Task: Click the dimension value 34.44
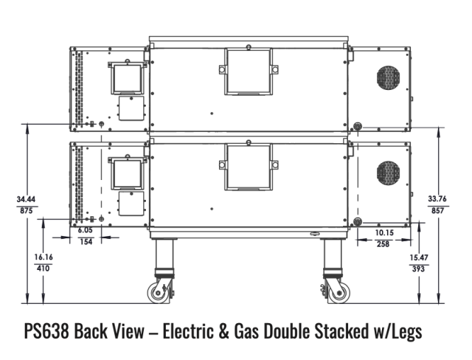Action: click(x=26, y=199)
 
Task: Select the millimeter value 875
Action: click(x=27, y=211)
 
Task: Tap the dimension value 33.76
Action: click(x=437, y=198)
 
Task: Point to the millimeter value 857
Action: click(x=437, y=210)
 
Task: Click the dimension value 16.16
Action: click(x=44, y=257)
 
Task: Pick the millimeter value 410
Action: click(x=43, y=269)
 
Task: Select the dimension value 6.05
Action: click(x=86, y=230)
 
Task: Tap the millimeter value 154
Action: click(x=86, y=242)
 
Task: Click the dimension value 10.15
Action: click(x=384, y=232)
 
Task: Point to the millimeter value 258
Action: click(x=383, y=244)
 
